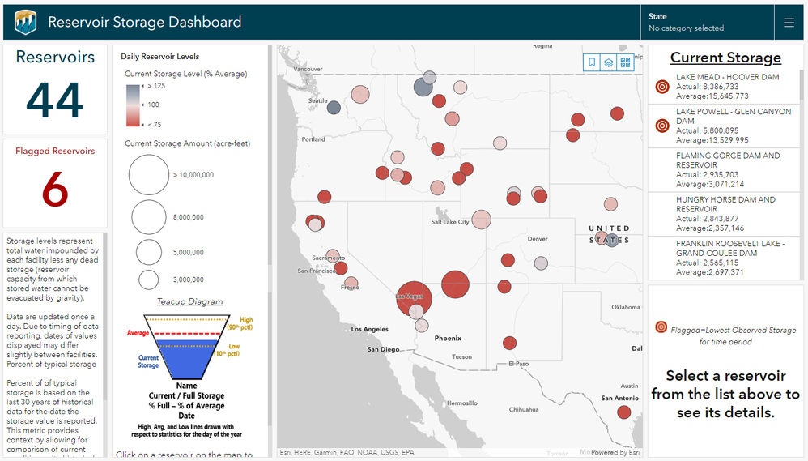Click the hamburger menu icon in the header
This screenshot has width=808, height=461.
789,23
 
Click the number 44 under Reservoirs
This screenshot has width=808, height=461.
55,100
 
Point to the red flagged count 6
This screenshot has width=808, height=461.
55,190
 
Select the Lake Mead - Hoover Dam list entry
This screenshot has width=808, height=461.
726,86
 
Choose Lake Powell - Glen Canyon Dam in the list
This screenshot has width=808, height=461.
726,126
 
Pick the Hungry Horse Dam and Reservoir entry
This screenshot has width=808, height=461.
726,213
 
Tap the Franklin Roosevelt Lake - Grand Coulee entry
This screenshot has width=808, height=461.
726,258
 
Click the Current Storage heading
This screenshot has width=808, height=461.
725,58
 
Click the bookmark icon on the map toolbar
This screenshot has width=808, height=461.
592,62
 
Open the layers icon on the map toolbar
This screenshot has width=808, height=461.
608,62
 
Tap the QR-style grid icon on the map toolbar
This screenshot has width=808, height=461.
624,62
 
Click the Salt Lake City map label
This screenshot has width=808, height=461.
450,222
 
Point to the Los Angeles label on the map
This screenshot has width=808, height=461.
369,329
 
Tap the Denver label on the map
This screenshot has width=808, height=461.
538,239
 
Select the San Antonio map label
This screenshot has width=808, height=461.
619,398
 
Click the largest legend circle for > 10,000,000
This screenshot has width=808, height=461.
149,175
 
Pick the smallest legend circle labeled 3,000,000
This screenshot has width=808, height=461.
149,280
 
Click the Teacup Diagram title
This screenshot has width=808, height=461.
189,302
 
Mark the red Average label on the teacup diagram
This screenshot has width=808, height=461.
138,333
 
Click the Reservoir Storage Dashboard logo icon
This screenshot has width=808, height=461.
25,22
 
